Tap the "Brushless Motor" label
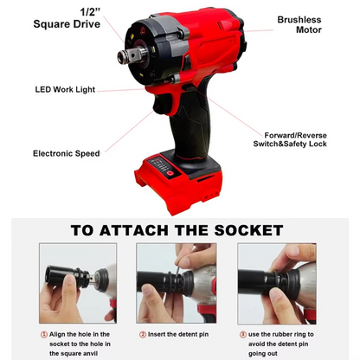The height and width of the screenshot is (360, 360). pos(299,24)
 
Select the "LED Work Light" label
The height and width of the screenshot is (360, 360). pos(64,89)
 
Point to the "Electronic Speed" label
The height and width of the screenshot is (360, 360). pos(66,153)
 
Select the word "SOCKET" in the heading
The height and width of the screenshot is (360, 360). pos(239,230)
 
